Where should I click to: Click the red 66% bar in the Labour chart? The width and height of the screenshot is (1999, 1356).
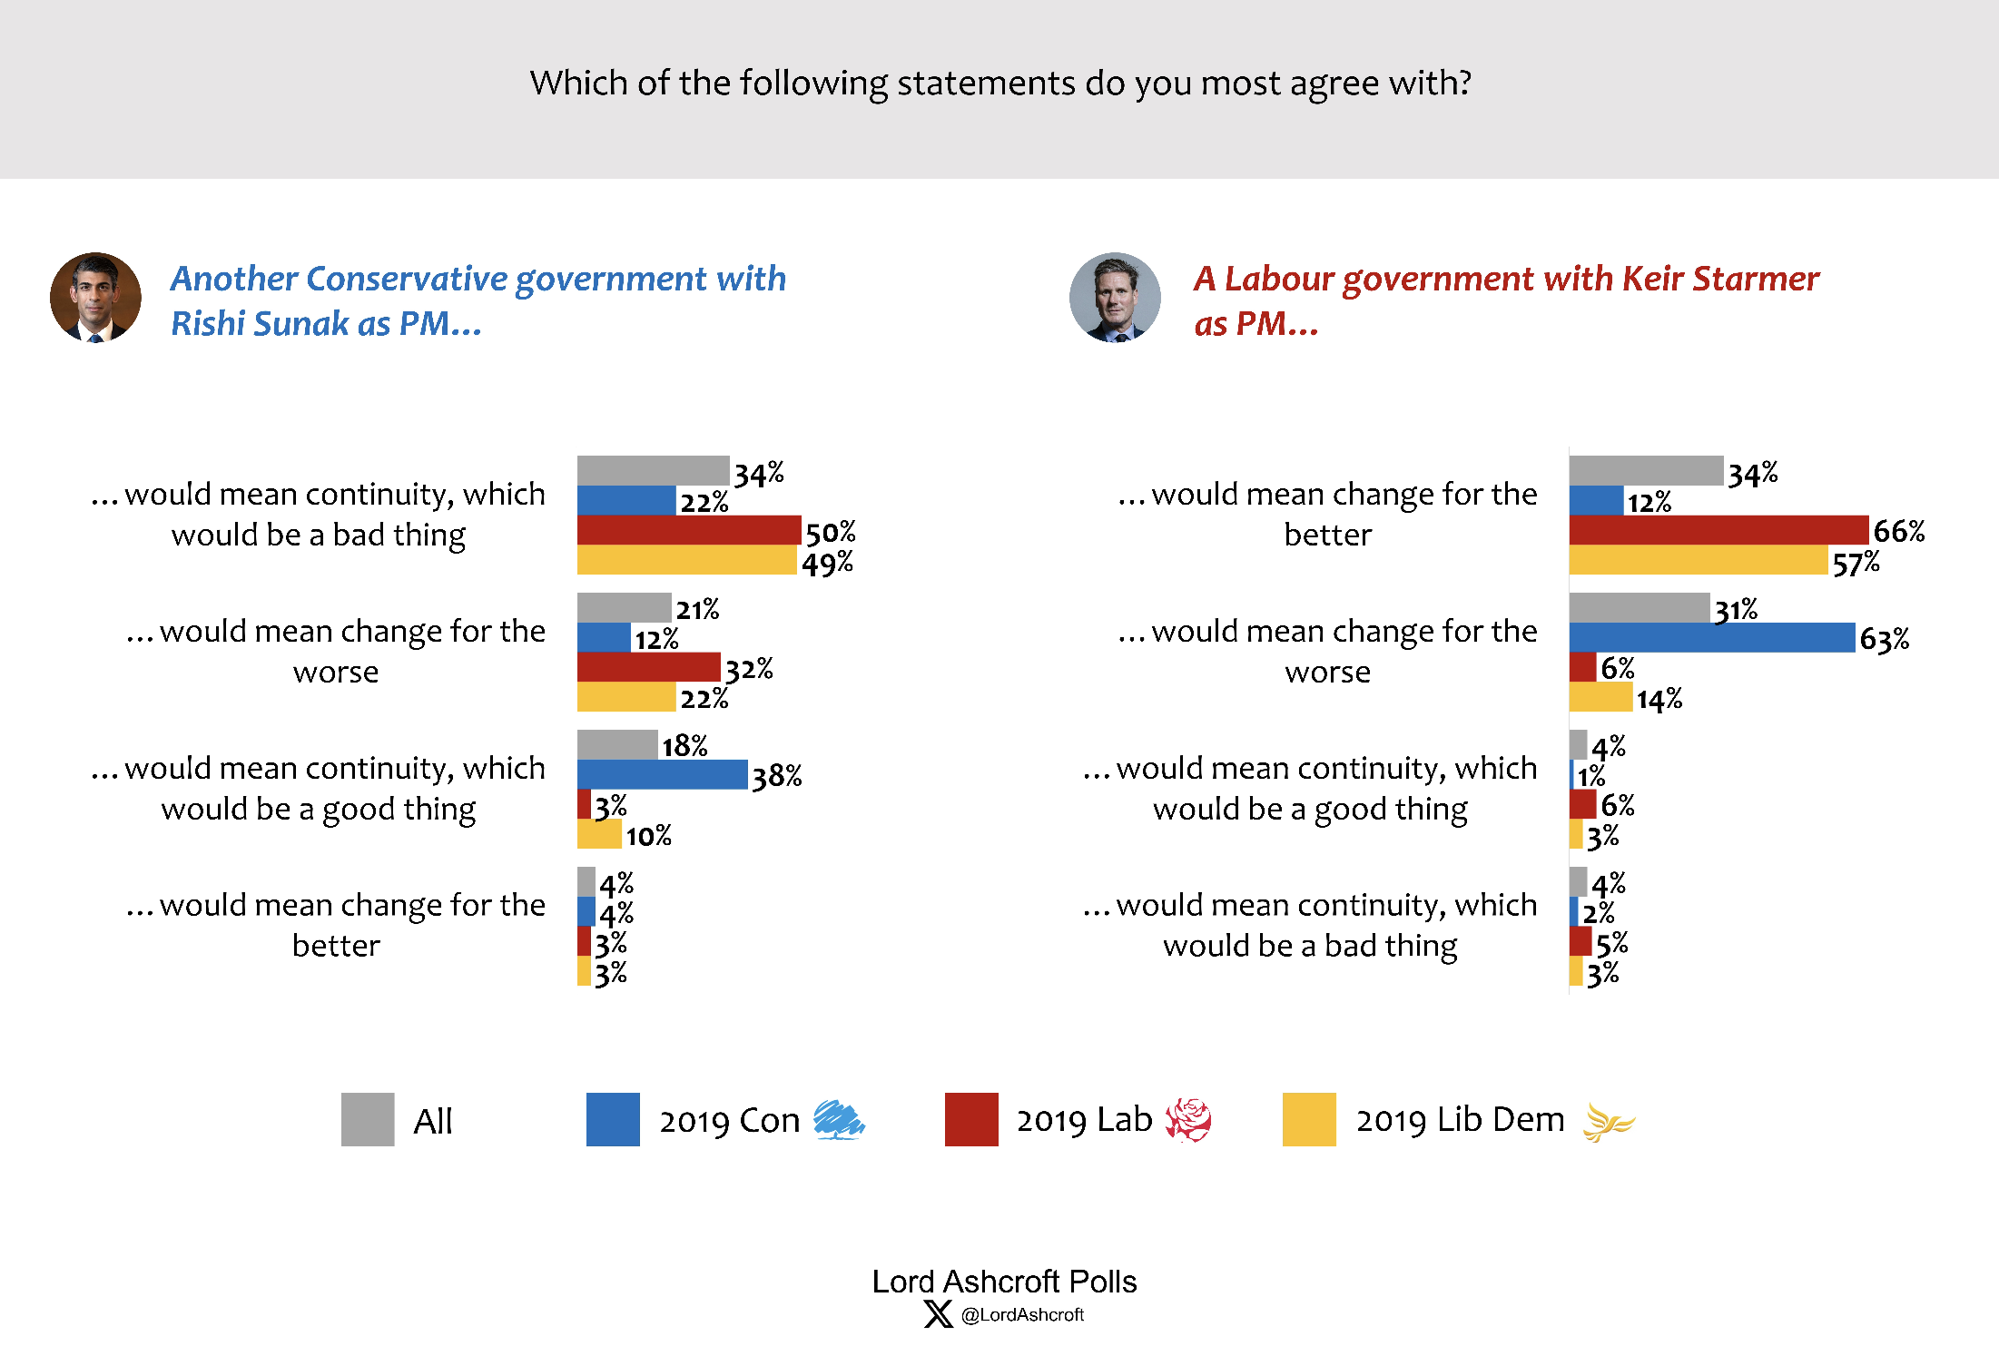(1718, 530)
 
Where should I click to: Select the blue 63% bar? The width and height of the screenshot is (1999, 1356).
(1711, 637)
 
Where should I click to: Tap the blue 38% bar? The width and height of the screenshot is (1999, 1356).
(662, 774)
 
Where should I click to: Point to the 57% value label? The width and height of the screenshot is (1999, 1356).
(1856, 564)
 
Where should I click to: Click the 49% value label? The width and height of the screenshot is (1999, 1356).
(827, 564)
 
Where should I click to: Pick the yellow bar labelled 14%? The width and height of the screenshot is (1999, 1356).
(1600, 697)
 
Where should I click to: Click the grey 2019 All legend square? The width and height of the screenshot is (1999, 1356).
(368, 1119)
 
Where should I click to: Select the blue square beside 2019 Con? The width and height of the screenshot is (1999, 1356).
(613, 1119)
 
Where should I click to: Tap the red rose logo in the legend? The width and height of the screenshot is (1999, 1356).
(1188, 1120)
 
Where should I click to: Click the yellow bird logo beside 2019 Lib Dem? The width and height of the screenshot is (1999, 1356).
(1608, 1122)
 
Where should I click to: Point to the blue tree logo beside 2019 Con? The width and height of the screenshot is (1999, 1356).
(839, 1119)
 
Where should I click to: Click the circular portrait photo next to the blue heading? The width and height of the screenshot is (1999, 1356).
(95, 298)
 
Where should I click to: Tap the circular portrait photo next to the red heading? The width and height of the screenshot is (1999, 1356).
(1115, 298)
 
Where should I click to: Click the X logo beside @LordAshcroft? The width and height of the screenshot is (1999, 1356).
(938, 1314)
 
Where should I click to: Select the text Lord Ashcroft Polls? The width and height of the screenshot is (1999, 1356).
(1004, 1281)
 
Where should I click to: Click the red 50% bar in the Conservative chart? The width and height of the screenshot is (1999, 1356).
(689, 530)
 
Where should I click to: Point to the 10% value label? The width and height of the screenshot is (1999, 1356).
(648, 836)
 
